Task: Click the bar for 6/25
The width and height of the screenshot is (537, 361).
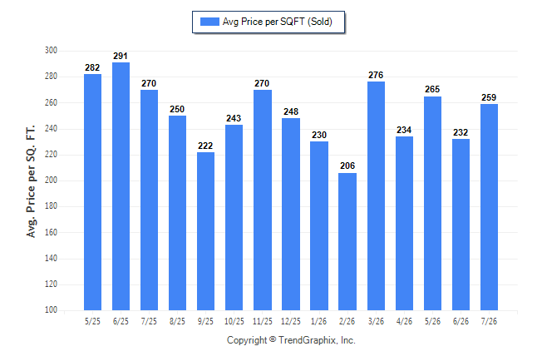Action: point(121,186)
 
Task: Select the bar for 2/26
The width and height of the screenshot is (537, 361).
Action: point(347,242)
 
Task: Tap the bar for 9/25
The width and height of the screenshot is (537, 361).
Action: point(205,231)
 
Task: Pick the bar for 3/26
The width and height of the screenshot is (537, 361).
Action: point(376,195)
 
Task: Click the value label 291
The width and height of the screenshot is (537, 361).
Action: point(121,56)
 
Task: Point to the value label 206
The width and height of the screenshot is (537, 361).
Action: point(347,166)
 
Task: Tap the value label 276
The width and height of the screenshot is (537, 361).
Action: point(376,75)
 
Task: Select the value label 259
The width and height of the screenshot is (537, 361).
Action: point(489,97)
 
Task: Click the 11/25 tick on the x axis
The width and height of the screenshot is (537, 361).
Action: point(263,321)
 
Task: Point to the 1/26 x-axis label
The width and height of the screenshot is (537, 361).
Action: point(319,321)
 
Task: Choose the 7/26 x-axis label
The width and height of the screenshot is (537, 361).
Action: point(489,321)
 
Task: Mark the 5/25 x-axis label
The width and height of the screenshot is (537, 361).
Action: point(92,321)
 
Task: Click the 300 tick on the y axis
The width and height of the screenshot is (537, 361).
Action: point(51,51)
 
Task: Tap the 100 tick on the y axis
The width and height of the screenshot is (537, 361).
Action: point(51,310)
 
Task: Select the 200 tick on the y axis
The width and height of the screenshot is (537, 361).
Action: point(51,180)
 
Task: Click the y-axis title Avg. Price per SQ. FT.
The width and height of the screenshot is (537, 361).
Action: point(31,181)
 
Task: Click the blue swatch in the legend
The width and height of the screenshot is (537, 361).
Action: point(209,22)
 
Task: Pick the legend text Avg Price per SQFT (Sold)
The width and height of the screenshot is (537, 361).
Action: point(278,22)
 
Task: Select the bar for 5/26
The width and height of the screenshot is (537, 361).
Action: point(432,203)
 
